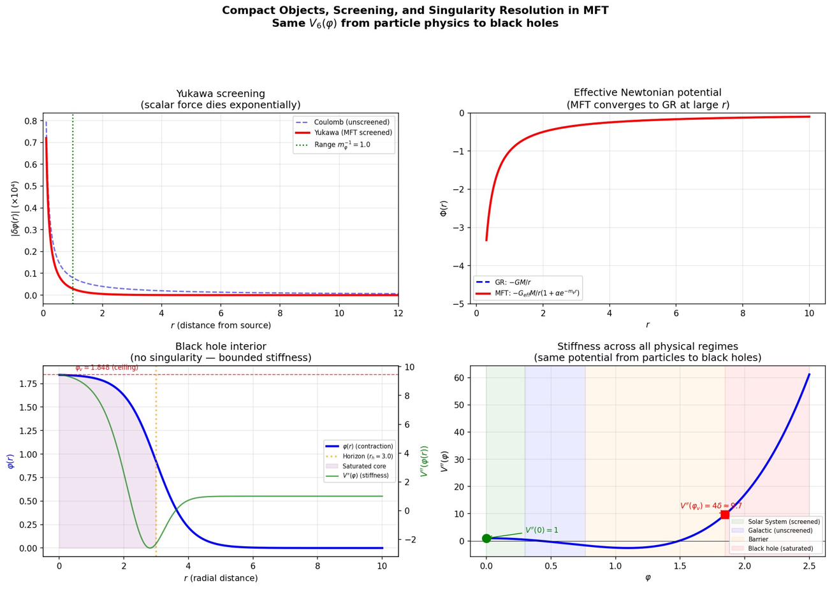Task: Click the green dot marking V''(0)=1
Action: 486,539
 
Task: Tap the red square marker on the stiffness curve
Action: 725,514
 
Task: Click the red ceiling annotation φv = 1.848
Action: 106,368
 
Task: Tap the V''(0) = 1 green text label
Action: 541,530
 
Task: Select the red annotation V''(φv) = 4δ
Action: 710,506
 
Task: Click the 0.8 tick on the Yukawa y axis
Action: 31,120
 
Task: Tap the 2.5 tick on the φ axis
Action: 809,565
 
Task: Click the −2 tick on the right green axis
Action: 409,539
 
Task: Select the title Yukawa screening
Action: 221,93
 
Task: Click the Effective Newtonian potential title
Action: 647,92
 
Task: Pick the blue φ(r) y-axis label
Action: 10,461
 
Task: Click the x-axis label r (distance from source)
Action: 221,326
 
